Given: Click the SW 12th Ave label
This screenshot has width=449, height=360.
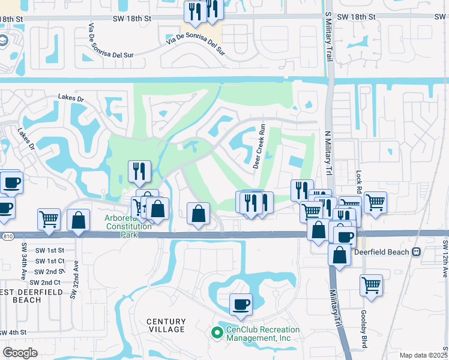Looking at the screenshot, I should pyautogui.click(x=445, y=259).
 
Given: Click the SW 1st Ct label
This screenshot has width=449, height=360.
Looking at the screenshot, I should pyautogui.click(x=49, y=261).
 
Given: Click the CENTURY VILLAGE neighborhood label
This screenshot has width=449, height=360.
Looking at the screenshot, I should pyautogui.click(x=166, y=326).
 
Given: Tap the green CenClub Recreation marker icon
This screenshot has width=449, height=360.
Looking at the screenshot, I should pyautogui.click(x=217, y=331).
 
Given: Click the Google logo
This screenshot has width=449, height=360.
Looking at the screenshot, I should pyautogui.click(x=20, y=352).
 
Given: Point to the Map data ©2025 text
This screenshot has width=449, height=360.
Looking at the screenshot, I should pyautogui.click(x=424, y=355).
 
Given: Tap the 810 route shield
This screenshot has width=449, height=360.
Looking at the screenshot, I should pyautogui.click(x=7, y=236).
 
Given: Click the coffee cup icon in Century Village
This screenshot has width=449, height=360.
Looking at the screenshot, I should pyautogui.click(x=241, y=304).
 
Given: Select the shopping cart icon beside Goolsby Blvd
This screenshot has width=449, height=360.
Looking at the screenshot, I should pyautogui.click(x=371, y=285).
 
